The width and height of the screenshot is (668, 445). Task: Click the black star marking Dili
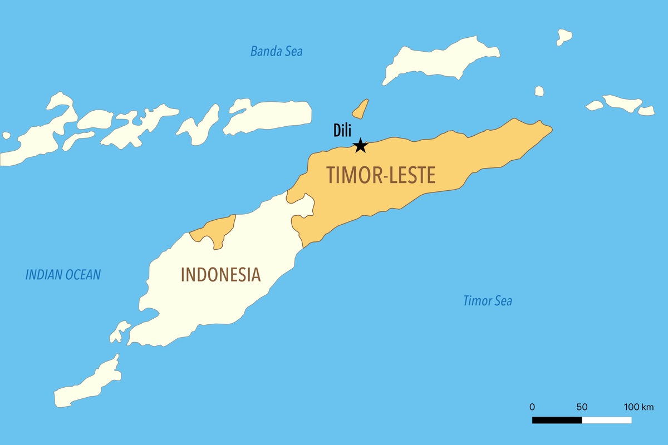(x=360, y=145)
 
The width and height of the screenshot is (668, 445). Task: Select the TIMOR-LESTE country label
(x=381, y=175)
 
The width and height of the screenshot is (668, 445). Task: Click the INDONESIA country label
(x=220, y=275)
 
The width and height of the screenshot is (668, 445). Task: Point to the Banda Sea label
(x=276, y=52)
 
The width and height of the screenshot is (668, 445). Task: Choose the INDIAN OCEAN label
(x=63, y=274)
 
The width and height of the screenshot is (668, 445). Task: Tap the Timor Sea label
(x=488, y=301)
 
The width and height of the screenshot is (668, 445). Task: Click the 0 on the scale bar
(x=532, y=407)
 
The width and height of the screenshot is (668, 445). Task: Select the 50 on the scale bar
(x=582, y=407)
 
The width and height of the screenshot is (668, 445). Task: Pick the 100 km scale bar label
(x=638, y=407)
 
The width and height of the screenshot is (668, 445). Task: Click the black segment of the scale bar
(x=557, y=420)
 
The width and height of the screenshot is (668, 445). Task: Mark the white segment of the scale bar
(x=607, y=420)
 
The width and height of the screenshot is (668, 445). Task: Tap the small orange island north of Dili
(x=361, y=108)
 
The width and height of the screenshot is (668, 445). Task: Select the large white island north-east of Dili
(x=440, y=60)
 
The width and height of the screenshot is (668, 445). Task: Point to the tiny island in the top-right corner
(x=564, y=37)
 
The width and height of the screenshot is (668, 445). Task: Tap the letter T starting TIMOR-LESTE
(x=331, y=175)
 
